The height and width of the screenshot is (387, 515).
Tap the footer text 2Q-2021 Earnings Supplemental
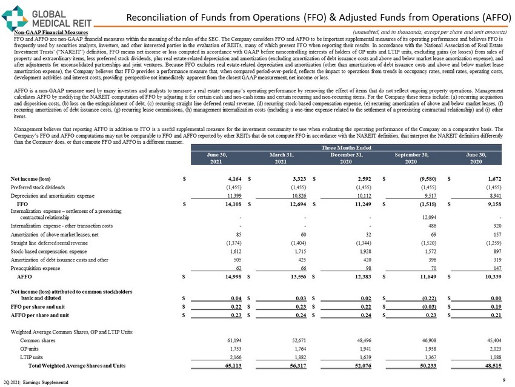coord(35,381)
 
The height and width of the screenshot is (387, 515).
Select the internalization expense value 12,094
coord(412,216)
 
